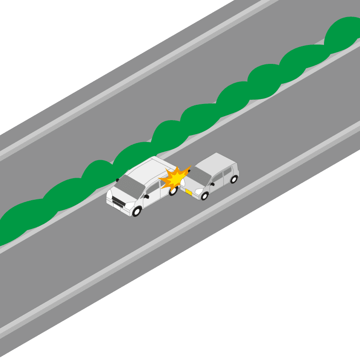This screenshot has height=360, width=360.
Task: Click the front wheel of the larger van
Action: point(136,211)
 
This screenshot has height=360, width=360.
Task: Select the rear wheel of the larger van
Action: point(173,190)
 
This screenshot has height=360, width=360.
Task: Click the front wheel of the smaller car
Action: point(204,196)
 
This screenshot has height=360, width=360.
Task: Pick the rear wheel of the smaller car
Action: point(234,179)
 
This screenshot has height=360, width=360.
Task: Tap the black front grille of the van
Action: point(118,201)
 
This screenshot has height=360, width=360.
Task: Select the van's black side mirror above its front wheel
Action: point(146,196)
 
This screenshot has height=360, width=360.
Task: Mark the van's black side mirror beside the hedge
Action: point(117,180)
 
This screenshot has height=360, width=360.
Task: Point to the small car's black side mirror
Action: point(212,184)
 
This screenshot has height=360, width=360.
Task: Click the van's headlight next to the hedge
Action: point(109,194)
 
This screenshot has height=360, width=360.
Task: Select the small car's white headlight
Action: point(198,191)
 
